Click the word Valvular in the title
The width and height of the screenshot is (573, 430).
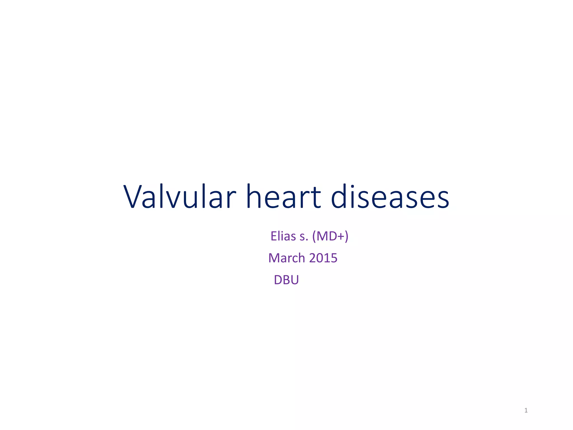[x=180, y=197]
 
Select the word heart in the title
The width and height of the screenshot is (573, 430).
[x=283, y=197]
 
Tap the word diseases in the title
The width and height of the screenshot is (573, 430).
[x=390, y=197]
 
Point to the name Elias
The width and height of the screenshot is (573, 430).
[x=283, y=236]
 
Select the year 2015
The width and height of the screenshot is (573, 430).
[x=323, y=258]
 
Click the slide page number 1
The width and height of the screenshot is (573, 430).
[x=526, y=410]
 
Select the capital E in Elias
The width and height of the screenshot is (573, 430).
[x=274, y=236]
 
